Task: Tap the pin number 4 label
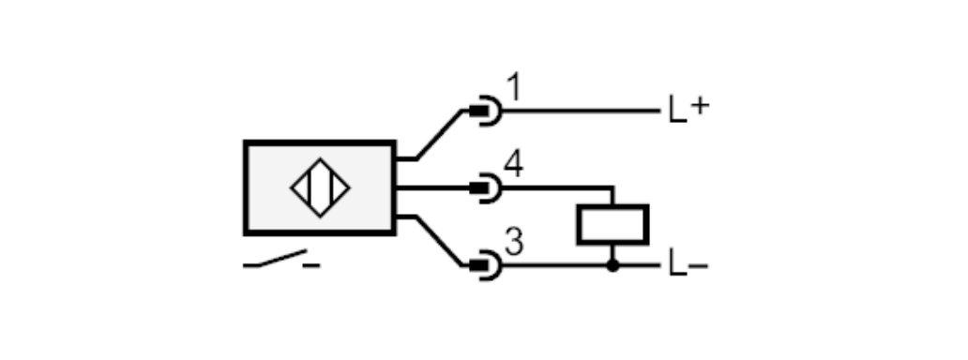point(514,164)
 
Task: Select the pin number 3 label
point(514,242)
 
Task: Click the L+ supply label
point(689,109)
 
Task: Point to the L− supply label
point(688,264)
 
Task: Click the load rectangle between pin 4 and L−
point(613,225)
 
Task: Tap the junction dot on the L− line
point(613,265)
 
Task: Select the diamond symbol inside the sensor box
point(320,187)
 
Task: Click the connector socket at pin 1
point(488,112)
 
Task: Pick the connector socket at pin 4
point(488,187)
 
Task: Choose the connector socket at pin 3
point(488,265)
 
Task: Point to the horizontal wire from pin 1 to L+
point(581,112)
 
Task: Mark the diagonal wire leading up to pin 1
point(439,135)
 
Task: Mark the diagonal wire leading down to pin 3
point(439,241)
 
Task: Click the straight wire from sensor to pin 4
point(432,187)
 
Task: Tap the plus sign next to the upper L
point(700,106)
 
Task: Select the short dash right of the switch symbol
point(311,266)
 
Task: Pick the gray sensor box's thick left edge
point(247,187)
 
